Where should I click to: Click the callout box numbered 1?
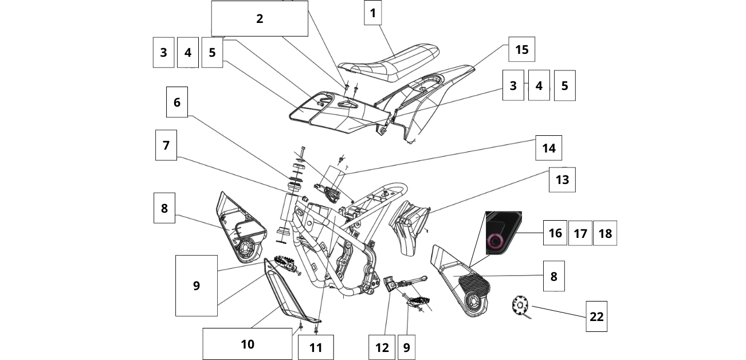372,13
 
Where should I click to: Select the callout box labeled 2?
260,18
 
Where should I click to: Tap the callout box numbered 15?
521,49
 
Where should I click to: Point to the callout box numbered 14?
548,148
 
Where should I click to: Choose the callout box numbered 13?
562,179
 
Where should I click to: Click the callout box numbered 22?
596,316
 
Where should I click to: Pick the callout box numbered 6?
176,102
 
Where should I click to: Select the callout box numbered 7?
166,145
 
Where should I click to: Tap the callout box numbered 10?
247,344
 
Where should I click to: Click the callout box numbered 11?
316,347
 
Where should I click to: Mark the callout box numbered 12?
382,347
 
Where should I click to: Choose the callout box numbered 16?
555,233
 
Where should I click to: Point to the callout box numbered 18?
605,233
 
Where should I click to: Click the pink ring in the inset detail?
496,242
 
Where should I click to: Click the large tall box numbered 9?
196,285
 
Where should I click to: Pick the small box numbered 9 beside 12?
406,347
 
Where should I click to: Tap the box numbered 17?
580,233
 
